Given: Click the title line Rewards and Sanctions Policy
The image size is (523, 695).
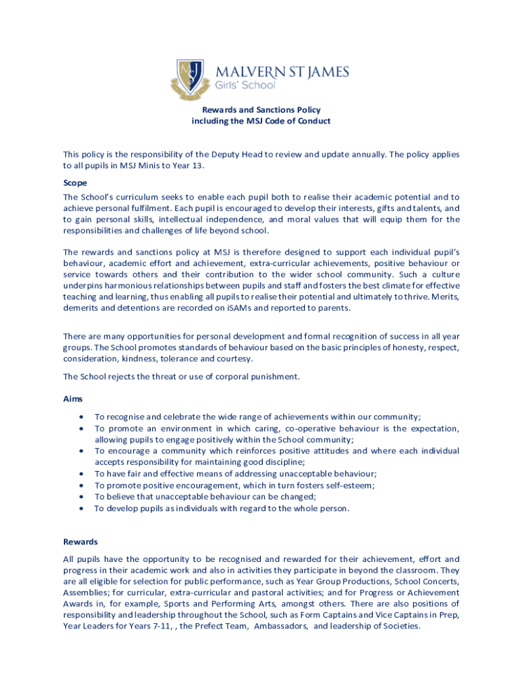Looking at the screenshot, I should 261,109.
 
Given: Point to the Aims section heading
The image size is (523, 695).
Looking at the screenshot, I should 73,400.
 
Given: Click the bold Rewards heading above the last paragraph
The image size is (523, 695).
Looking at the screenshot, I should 80,542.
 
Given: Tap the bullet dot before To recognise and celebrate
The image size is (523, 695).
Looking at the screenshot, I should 82,417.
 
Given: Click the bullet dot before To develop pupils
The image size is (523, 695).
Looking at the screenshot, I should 82,508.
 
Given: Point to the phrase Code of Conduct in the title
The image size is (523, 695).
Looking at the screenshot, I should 297,121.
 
